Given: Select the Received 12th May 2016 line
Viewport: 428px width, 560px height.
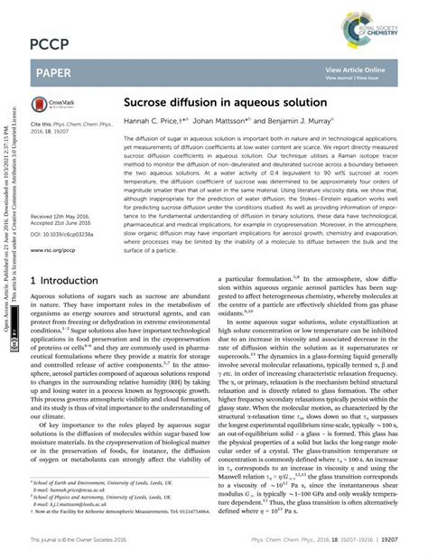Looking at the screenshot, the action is pyautogui.click(x=64, y=218).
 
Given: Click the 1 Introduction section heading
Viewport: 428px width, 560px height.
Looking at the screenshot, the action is pyautogui.click(x=72, y=306).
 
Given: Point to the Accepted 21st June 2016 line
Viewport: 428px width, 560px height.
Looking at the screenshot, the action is pyautogui.click(x=64, y=225).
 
